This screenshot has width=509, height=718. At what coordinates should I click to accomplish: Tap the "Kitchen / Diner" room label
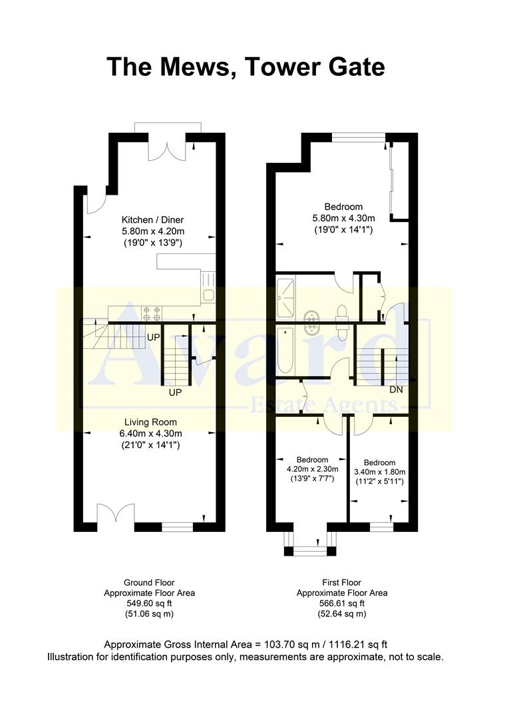pos(152,220)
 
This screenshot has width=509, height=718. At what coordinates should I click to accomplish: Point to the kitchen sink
pos(208,295)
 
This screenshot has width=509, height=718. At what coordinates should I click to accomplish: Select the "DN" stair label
pos(396,390)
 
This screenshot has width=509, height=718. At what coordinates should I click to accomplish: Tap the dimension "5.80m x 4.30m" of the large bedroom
pos(344,218)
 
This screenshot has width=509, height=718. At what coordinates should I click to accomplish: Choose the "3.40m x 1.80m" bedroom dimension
pos(379,472)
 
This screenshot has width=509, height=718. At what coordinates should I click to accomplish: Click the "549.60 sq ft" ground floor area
pos(149,604)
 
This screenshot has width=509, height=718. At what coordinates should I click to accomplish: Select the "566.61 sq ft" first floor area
pos(342,604)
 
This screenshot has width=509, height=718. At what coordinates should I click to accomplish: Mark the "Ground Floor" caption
pos(149,582)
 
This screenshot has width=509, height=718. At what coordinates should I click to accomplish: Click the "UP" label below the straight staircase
pos(175,392)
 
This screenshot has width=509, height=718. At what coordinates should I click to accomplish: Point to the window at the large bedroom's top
pos(358,138)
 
